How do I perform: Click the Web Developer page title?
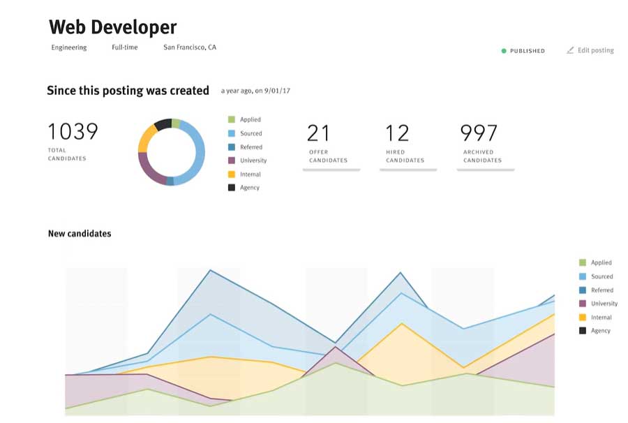click(112, 27)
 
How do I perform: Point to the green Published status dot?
click(504, 51)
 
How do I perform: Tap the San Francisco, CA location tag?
click(190, 47)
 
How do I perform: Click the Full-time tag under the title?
click(125, 47)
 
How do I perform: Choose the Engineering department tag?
click(69, 47)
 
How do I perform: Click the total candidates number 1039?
click(73, 131)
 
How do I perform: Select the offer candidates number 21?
click(319, 133)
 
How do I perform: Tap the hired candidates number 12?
click(397, 133)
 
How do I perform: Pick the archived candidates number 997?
click(479, 133)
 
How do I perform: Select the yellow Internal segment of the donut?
click(145, 139)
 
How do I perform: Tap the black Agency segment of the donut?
click(162, 124)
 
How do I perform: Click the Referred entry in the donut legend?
click(251, 147)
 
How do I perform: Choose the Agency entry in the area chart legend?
click(600, 331)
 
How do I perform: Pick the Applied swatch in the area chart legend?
click(582, 263)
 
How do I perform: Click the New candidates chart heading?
click(79, 234)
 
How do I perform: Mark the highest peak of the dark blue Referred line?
click(210, 270)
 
